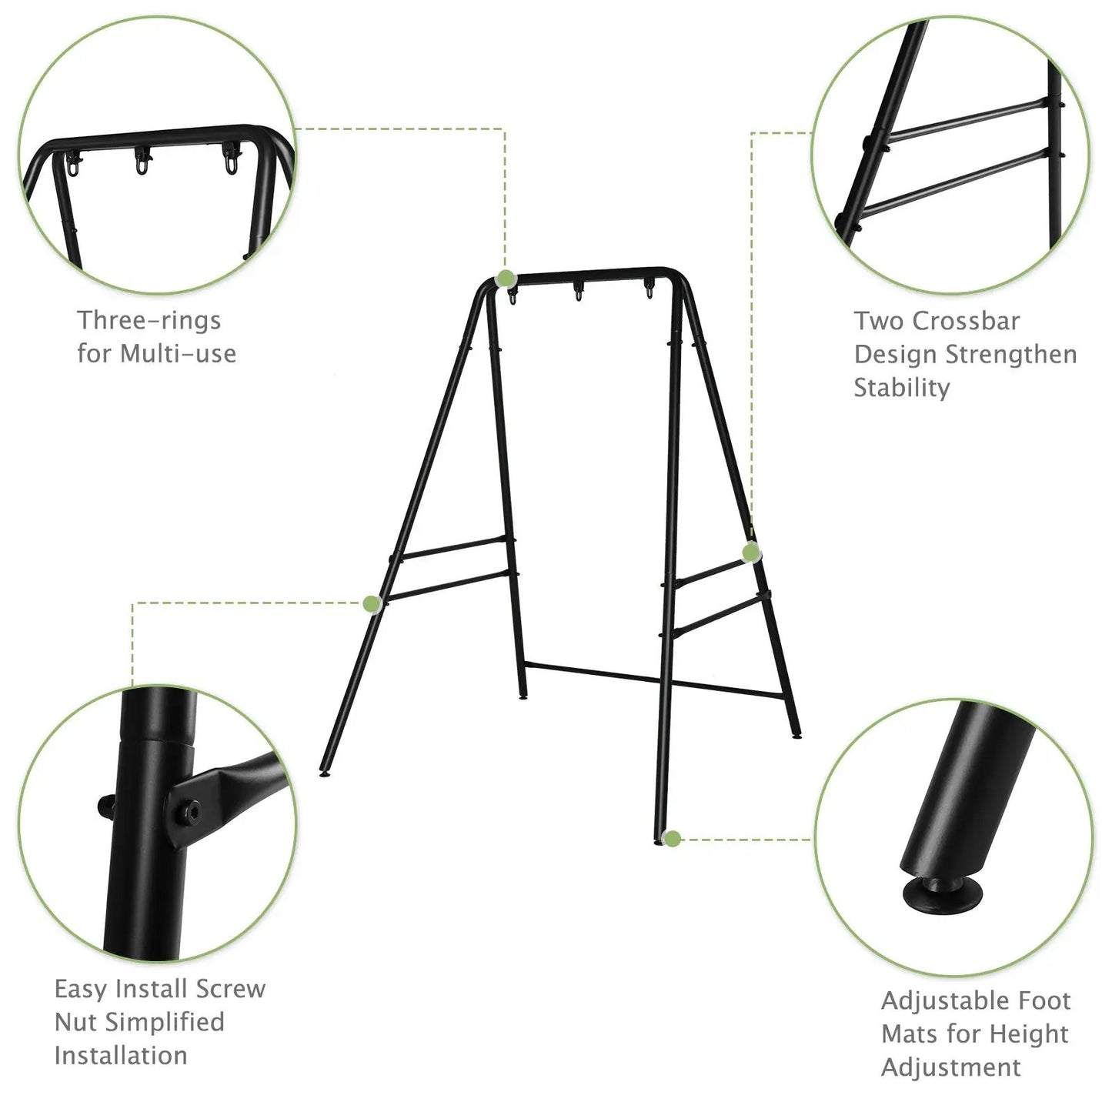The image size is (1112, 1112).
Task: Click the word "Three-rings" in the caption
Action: pos(149,320)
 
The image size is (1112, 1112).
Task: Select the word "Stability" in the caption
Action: pos(901,387)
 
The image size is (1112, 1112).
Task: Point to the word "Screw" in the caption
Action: pos(230,988)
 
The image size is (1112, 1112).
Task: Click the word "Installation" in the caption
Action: pos(121,1055)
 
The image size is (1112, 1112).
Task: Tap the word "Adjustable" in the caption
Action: pos(938,1000)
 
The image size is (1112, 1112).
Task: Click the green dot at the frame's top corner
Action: pos(506,279)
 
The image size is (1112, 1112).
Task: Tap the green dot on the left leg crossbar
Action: pos(373,604)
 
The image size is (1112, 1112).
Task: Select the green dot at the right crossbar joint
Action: pos(751,552)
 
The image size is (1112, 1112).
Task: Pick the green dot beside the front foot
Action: pos(672,839)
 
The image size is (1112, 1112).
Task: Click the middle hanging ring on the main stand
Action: pos(578,292)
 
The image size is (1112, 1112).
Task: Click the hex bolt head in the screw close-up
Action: pos(188,812)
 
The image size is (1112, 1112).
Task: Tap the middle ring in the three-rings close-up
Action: pos(143,162)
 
